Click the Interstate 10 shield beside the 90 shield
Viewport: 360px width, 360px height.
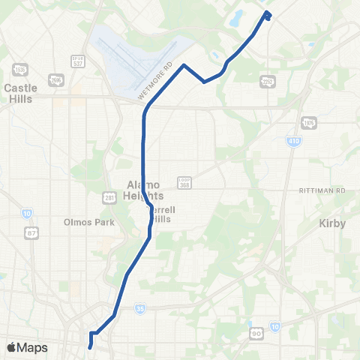[x=275, y=326]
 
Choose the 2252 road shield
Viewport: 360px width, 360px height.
[x=268, y=82]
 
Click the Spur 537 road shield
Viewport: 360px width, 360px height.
[x=76, y=60]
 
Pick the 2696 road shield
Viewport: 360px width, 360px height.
[x=55, y=79]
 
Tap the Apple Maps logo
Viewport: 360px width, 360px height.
[x=27, y=347]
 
